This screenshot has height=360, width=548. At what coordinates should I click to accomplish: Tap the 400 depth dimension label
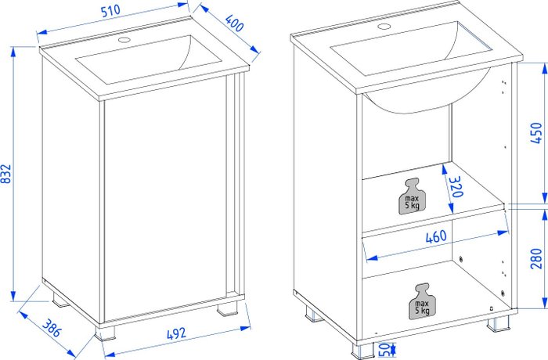click(x=234, y=23)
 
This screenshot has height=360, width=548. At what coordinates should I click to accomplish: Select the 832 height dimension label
click(x=6, y=174)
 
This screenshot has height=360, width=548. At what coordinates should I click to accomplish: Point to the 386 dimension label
click(x=52, y=328)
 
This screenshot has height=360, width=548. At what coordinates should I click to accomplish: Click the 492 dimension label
click(x=176, y=334)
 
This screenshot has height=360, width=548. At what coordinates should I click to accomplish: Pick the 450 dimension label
click(x=536, y=133)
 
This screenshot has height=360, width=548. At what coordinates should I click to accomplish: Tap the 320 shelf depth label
click(x=456, y=186)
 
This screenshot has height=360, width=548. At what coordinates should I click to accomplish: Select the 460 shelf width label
click(x=436, y=237)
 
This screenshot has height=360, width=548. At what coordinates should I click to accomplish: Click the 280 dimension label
click(x=536, y=258)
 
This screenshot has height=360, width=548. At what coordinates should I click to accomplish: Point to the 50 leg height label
click(x=384, y=348)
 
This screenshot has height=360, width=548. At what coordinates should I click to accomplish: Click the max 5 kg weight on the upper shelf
click(x=412, y=196)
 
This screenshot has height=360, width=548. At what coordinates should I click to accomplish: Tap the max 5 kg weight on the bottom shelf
click(x=422, y=301)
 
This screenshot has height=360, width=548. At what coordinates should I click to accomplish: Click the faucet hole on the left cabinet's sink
click(x=124, y=39)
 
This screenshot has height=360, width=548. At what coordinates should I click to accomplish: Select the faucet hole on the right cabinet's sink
click(x=384, y=26)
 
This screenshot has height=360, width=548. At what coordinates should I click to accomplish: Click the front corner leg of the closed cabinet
click(x=106, y=334)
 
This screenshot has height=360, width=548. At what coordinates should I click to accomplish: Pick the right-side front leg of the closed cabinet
click(x=227, y=309)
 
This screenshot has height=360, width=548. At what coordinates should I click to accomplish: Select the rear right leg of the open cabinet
click(x=498, y=323)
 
